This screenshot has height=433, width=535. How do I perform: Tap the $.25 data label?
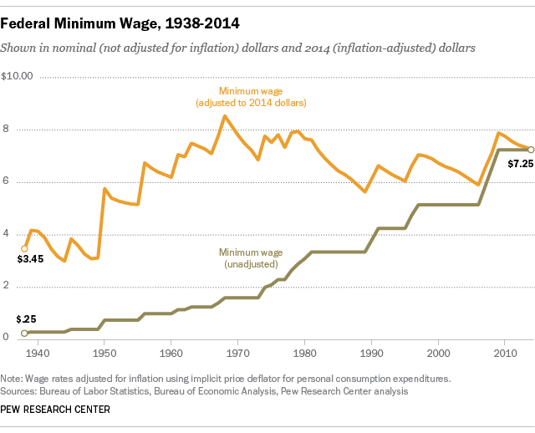coord(25,319)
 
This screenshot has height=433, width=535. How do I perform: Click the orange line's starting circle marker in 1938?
coord(24,248)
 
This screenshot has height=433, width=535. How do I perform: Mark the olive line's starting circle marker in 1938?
coord(24,333)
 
